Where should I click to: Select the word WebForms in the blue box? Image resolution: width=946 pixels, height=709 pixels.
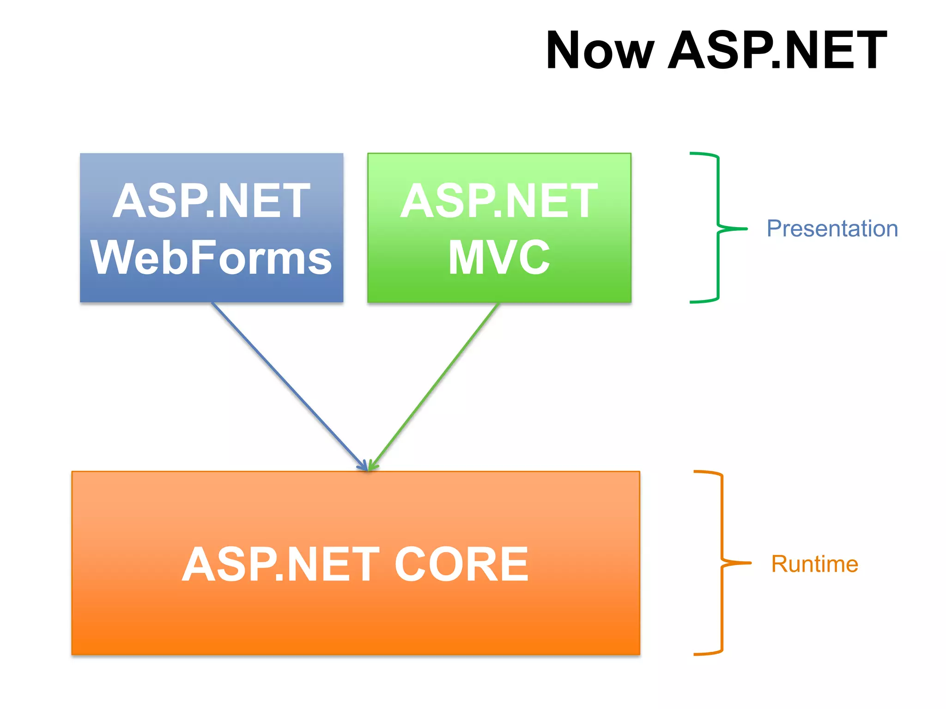click(211, 257)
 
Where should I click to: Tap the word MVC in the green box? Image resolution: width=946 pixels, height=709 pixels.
click(499, 257)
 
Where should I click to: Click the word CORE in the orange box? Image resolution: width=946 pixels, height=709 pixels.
click(461, 564)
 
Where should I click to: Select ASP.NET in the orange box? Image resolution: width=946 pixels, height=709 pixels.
click(280, 564)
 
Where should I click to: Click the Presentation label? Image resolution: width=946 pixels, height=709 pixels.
click(832, 228)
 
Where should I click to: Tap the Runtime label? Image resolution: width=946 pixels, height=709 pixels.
click(814, 564)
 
